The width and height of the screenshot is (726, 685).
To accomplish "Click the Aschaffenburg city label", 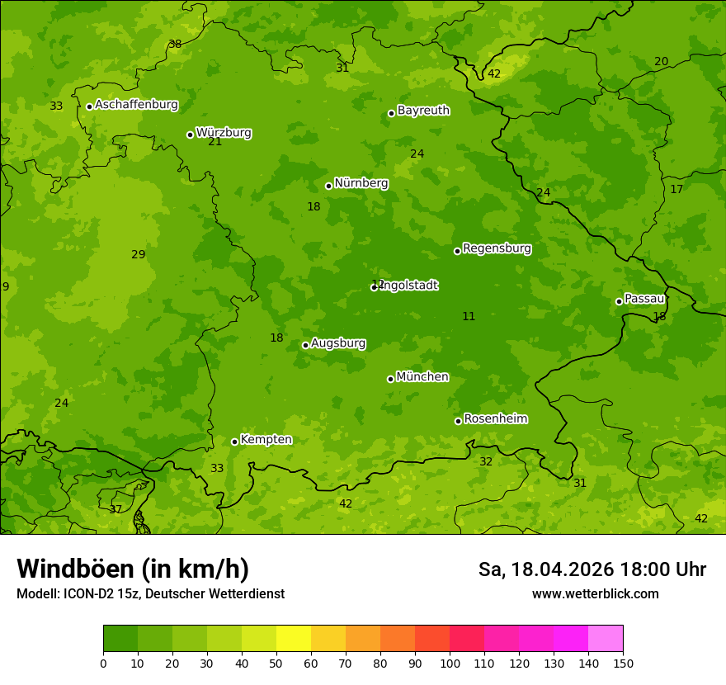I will pos(136,105).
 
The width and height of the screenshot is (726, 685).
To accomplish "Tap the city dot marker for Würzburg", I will pos(190,135).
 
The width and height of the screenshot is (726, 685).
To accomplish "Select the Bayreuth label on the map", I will pos(423,111).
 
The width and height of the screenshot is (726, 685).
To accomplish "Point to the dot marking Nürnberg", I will pos(328,186).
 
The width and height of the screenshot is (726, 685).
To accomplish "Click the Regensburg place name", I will pos(497,248).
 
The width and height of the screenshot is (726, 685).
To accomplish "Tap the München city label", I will pos(422,377).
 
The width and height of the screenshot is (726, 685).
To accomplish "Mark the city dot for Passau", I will pos(619,301).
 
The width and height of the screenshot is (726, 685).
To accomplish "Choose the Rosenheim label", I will pos(495,419).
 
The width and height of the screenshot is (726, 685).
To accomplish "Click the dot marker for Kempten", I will pos(234,442).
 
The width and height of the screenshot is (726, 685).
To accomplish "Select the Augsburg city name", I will pos(338,343).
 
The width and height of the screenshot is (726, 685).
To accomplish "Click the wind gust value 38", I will pos(175,44).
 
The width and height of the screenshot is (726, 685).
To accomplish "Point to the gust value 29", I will pos(138,254).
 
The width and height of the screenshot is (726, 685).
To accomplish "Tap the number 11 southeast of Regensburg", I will pos(469,316).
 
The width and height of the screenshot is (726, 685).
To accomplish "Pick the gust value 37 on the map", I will pos(115,509).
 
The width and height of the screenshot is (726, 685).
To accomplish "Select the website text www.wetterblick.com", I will pos(595,593).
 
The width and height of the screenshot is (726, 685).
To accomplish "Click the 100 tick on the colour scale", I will pos(450,663).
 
